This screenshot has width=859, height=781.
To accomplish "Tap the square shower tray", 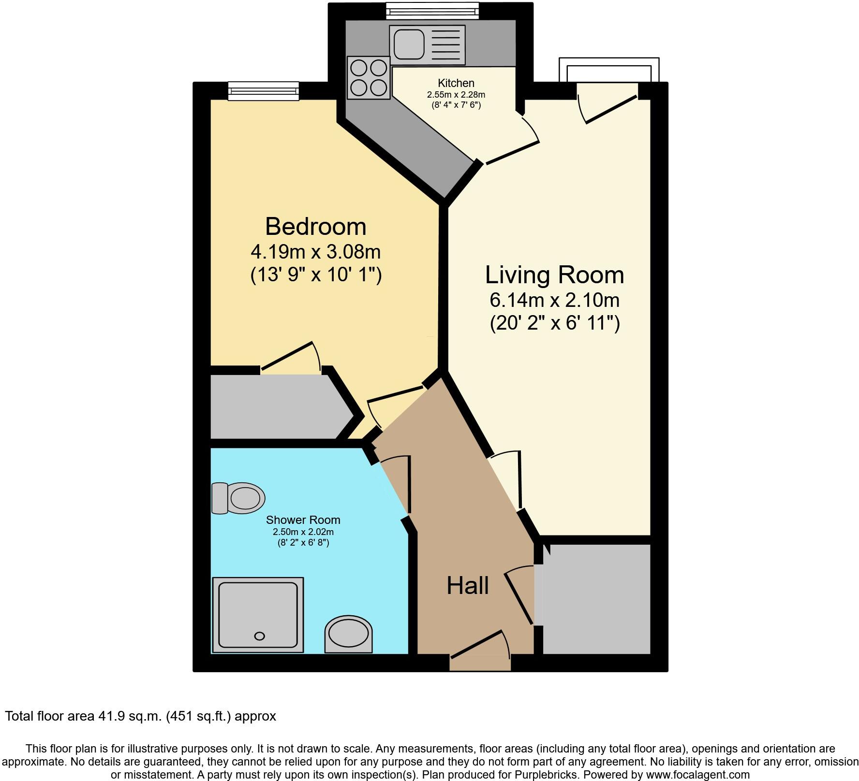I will tap(257, 615).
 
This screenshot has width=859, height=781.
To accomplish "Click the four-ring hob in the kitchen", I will tap(369, 78).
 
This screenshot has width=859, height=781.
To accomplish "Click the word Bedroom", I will tap(315, 227).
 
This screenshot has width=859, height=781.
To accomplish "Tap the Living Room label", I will tap(554, 275).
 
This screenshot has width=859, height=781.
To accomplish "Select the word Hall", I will tap(467, 586).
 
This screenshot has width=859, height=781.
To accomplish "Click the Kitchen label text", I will tap(456, 83).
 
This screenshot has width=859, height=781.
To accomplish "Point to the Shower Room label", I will tap(303, 520).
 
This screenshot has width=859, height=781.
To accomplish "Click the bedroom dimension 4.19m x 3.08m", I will tap(315, 252).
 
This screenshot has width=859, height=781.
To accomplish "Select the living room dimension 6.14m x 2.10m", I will tap(554, 300).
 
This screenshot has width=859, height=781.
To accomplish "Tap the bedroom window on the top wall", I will tap(263, 90).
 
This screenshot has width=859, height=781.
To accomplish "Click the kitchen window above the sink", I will tap(432, 10).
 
